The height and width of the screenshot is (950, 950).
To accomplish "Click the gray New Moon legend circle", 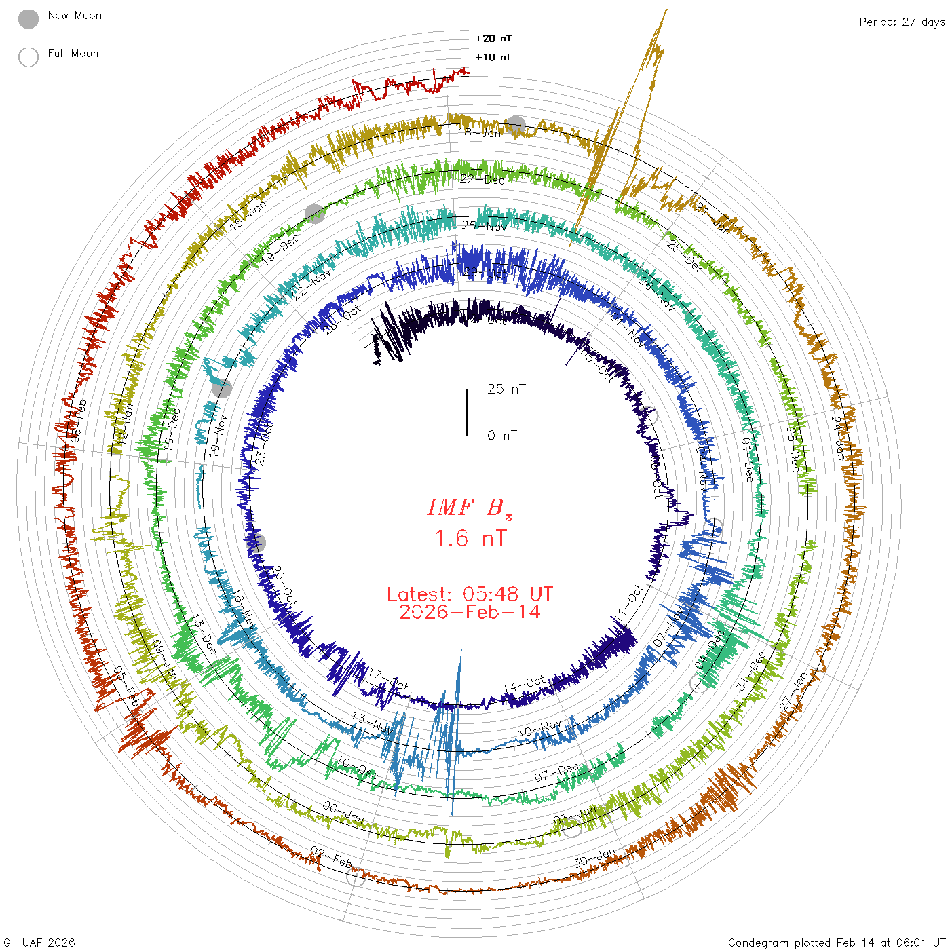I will pos(28,19).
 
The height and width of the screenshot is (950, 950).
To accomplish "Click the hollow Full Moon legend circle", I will pos(28,57).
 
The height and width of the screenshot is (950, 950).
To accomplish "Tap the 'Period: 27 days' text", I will pos(902,22).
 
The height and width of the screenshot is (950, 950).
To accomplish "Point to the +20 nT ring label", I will pos(493,39).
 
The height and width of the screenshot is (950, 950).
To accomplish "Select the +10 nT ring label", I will pos(493,57).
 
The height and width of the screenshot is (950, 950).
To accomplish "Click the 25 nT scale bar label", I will pos(506,389).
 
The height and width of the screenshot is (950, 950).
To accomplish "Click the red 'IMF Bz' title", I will pos(470,508).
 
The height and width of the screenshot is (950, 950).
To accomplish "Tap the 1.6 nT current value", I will pos(470,538).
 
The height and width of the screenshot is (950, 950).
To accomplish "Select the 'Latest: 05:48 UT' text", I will pos(470,594).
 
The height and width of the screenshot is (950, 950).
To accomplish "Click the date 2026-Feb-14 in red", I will pos(470,612).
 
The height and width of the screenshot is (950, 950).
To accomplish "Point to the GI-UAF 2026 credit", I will pos(38,942).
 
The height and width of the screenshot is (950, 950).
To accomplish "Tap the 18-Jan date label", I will pos(480,132).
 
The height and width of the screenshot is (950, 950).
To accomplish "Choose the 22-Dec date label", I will pos(482,180).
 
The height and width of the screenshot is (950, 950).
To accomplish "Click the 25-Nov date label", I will pos(484,225).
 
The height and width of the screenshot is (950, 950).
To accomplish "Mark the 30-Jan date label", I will pos(594,858).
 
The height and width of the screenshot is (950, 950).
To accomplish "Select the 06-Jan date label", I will pos(343,811).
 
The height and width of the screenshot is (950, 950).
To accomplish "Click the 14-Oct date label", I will pos(524,685).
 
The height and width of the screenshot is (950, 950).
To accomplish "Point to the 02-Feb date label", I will pos(331,858).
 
